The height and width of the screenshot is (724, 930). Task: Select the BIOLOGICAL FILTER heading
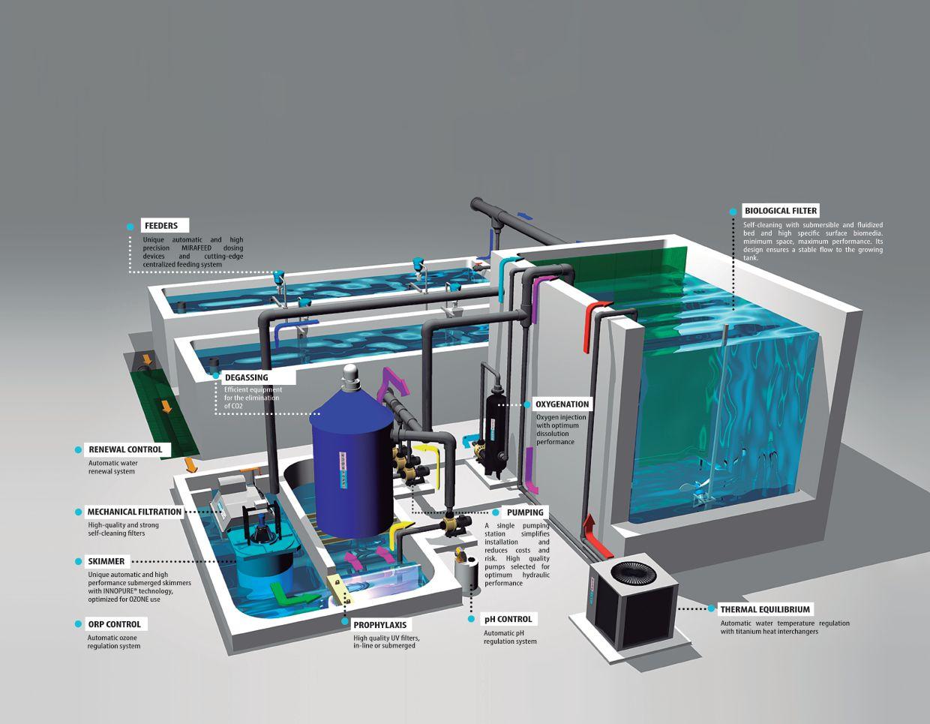point(780,211)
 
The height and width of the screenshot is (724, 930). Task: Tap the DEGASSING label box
point(245,377)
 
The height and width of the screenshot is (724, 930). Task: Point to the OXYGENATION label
point(562,404)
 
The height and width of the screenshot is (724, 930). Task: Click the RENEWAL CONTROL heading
point(124,449)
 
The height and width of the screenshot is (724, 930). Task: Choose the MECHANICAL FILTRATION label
point(134,512)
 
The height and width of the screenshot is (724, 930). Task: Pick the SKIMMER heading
point(106,561)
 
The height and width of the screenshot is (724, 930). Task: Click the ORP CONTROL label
point(114,624)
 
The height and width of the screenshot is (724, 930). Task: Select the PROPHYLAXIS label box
point(382,624)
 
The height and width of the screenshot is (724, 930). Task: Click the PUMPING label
point(524,512)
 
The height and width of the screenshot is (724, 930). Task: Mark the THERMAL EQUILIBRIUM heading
point(765,609)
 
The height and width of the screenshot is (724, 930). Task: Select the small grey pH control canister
point(466,574)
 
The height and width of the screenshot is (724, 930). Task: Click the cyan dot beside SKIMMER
point(78,561)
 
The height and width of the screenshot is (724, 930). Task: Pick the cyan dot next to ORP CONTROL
point(78,624)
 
